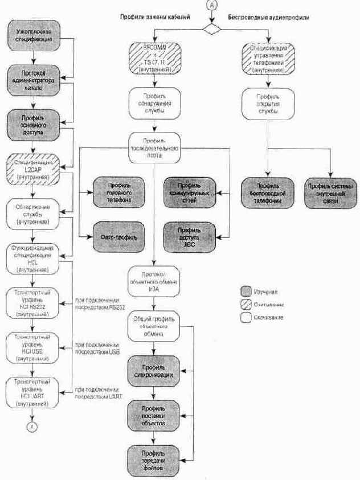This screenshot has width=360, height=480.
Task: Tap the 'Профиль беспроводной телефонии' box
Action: coord(268,194)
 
